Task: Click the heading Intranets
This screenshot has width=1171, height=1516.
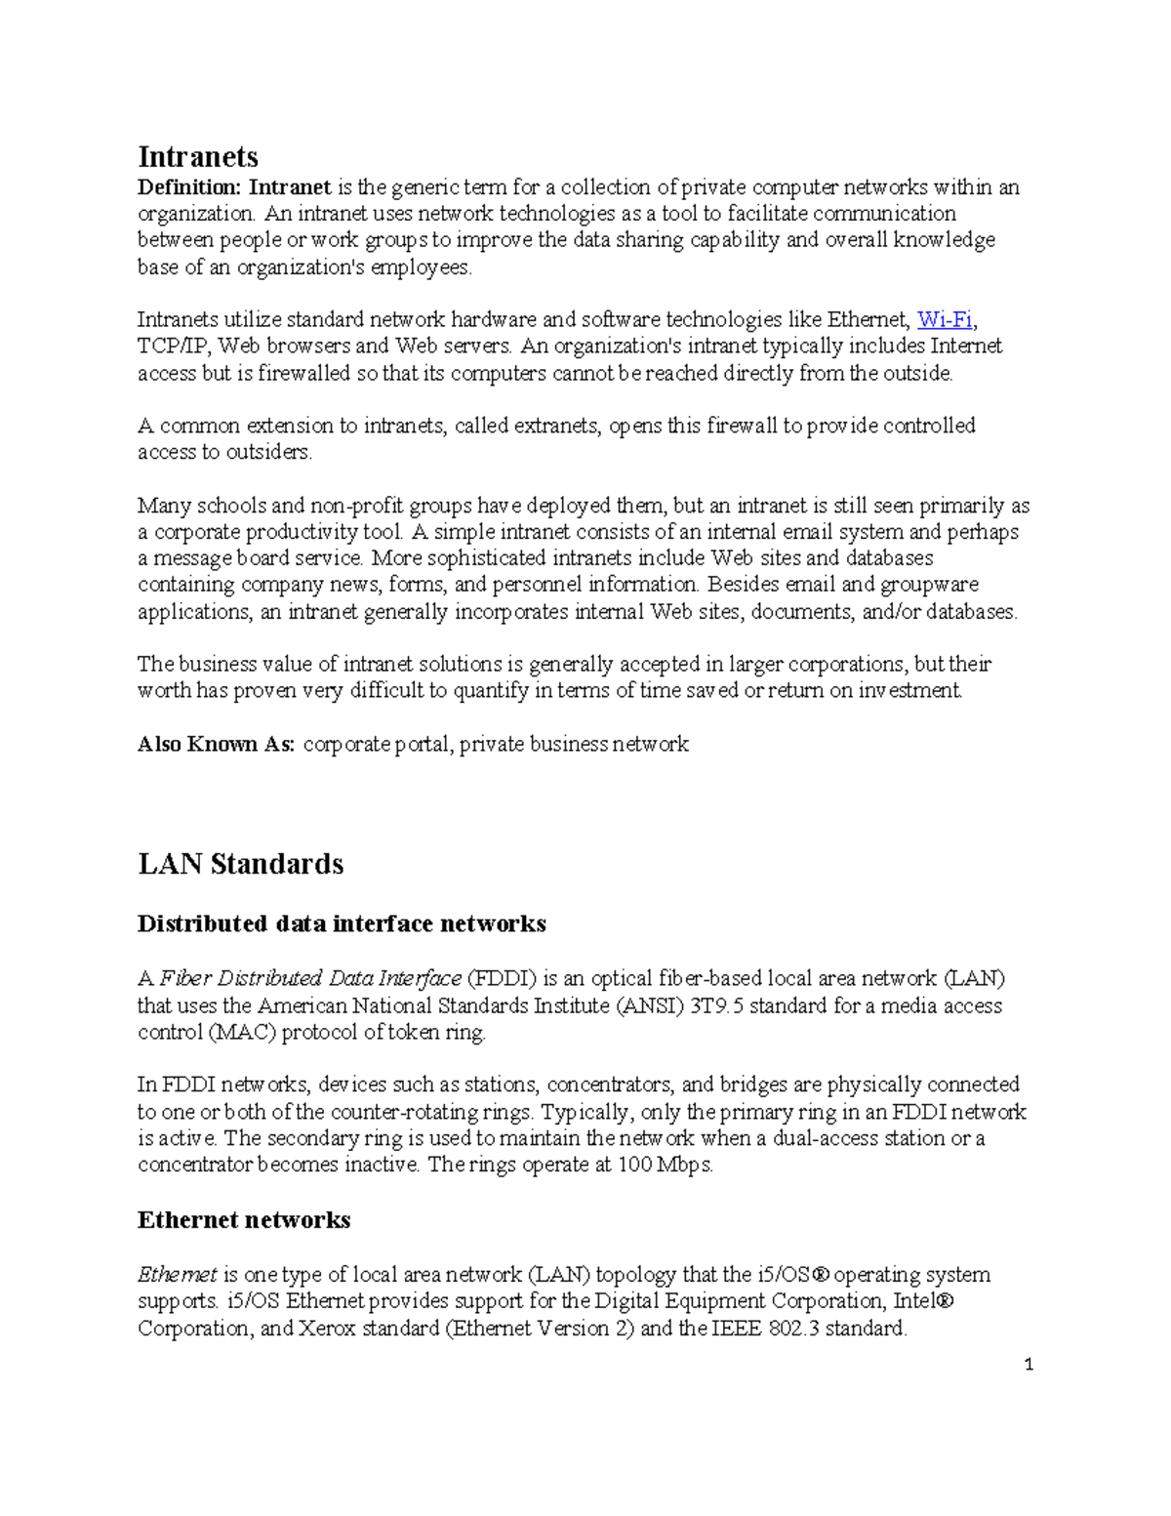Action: pyautogui.click(x=198, y=156)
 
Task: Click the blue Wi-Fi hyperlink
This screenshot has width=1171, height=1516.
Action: pyautogui.click(x=945, y=319)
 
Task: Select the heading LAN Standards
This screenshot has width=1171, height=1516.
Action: pyautogui.click(x=240, y=864)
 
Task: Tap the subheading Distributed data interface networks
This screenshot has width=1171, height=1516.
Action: pyautogui.click(x=342, y=923)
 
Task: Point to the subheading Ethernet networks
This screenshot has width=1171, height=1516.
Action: pyautogui.click(x=244, y=1220)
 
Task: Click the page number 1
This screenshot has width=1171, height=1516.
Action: pyautogui.click(x=1029, y=1365)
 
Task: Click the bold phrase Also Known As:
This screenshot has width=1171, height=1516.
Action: pyautogui.click(x=216, y=745)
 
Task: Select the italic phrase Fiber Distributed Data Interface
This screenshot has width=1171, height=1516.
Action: pyautogui.click(x=310, y=979)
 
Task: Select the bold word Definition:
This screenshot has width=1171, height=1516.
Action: pyautogui.click(x=189, y=187)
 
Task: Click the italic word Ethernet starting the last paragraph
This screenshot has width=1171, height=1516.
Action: pyautogui.click(x=177, y=1275)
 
